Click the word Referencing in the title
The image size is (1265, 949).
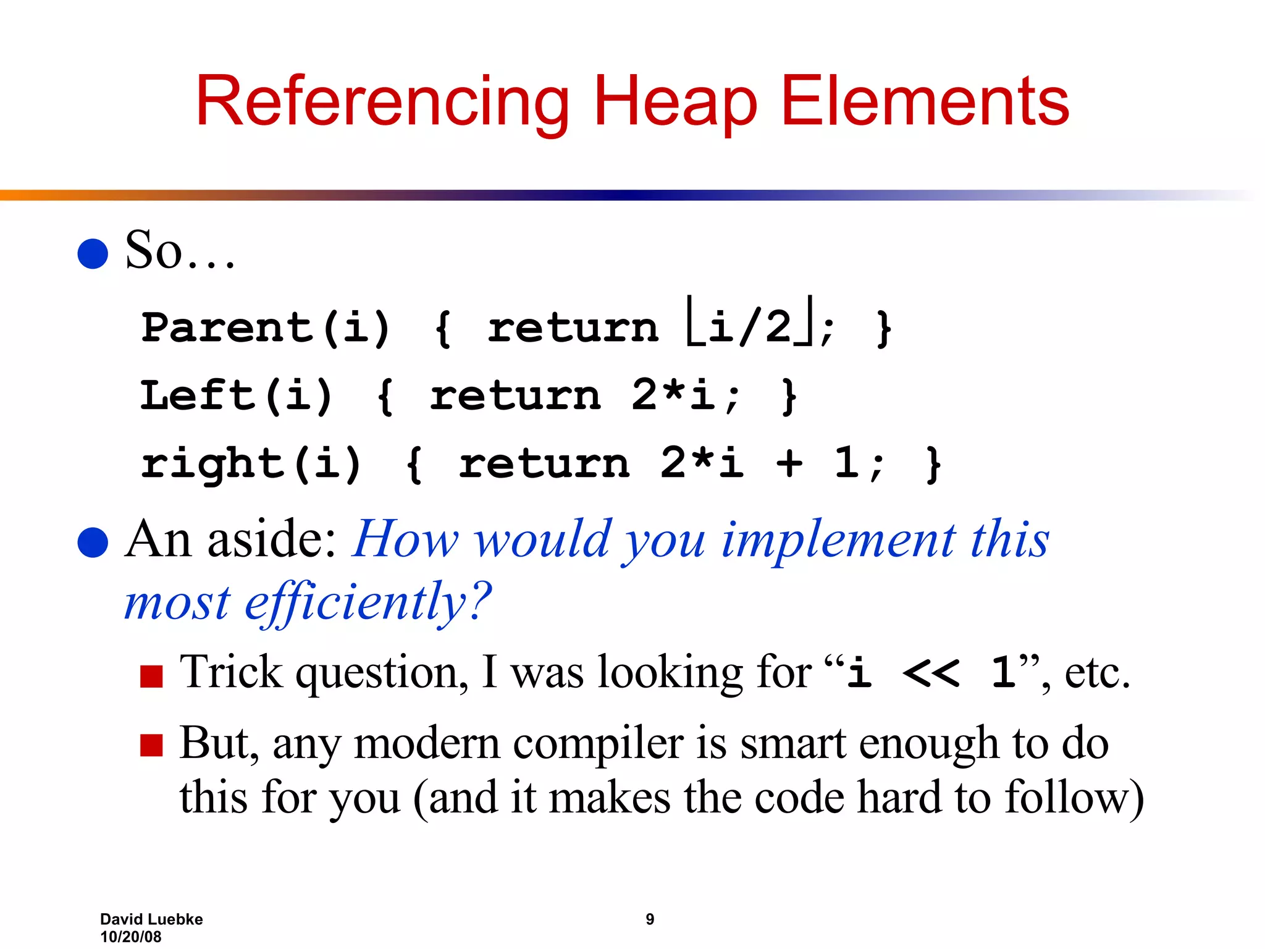(382, 102)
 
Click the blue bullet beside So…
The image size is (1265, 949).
(93, 253)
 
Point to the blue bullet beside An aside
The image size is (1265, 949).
(93, 542)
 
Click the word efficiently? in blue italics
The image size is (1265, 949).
(368, 602)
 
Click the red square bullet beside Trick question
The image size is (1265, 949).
(151, 676)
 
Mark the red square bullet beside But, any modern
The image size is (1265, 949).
(151, 745)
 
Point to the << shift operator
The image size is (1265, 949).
(931, 673)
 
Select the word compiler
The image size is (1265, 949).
(597, 743)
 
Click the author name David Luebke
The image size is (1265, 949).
(151, 919)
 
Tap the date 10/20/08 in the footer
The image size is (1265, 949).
(130, 937)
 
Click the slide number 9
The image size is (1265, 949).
(650, 919)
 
